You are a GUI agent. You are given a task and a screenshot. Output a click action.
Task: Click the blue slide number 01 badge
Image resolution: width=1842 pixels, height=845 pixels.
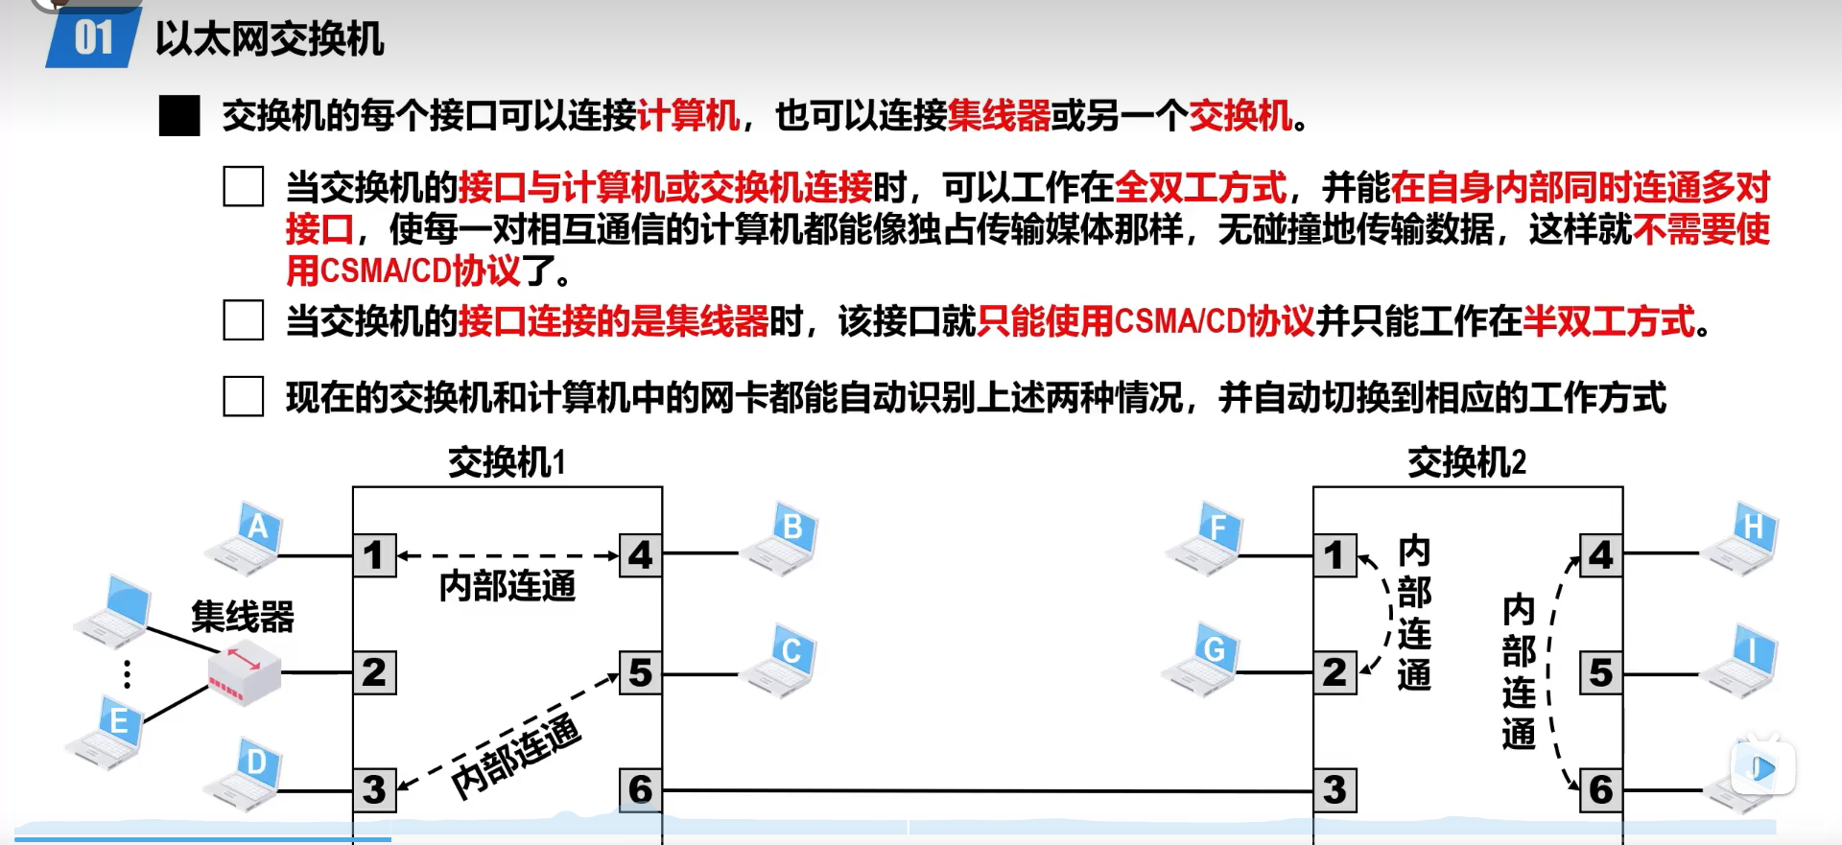point(93,38)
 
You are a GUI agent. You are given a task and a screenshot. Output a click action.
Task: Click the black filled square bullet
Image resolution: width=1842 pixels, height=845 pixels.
point(179,116)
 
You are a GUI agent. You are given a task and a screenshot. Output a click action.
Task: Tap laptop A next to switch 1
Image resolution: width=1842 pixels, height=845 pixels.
point(246,538)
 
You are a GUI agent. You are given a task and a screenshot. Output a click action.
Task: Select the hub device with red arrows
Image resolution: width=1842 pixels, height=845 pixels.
point(245,672)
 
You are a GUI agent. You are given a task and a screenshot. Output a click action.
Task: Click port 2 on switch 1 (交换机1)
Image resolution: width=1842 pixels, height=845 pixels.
point(374,672)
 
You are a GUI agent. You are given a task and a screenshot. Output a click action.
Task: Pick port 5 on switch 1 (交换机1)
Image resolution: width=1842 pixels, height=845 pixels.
point(640,672)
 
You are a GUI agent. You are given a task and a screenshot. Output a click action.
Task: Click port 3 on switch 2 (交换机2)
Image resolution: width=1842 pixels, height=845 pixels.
point(1334,790)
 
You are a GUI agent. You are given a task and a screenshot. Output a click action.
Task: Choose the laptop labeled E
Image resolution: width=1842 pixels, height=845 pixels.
point(106,732)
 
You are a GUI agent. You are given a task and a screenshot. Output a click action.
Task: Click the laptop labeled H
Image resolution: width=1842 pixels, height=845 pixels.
point(1741,538)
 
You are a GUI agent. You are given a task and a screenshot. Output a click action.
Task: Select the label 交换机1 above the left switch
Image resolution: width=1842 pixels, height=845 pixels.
point(507,463)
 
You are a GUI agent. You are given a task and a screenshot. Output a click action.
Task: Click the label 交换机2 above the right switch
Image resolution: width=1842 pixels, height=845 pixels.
point(1466,463)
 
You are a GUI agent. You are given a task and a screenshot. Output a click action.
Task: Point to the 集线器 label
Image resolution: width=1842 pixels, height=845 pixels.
point(242,617)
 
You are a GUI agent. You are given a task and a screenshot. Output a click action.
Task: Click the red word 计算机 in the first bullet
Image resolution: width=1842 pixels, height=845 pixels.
point(688,116)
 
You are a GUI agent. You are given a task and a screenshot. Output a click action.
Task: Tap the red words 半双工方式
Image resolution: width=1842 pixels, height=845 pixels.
point(1608,321)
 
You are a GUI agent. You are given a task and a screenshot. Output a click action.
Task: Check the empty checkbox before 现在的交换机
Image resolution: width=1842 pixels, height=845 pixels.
point(244,396)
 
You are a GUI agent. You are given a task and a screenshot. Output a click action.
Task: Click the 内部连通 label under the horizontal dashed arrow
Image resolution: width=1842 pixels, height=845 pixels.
point(507,586)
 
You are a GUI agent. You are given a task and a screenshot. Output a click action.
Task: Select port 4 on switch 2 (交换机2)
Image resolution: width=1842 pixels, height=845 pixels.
point(1600,555)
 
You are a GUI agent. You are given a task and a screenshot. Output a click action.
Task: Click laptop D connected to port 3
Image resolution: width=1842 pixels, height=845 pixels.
point(246,775)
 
